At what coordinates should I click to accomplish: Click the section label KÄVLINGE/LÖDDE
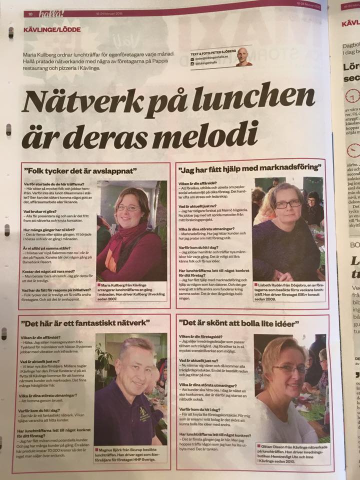pos(51,29)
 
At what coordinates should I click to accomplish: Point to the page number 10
pos(30,14)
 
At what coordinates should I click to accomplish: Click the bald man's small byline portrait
pos(243,56)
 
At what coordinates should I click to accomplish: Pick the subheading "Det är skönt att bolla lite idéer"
pos(238,324)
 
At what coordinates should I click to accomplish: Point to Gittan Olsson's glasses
pos(290,369)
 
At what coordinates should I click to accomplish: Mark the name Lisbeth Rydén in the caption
pos(273,284)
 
